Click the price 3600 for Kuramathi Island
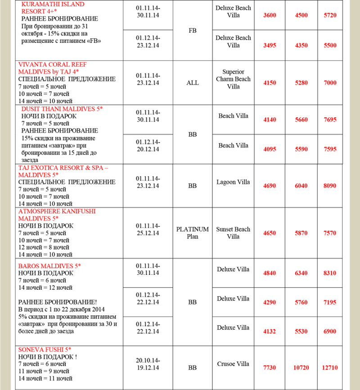point(270,15)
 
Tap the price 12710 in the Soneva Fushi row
point(333,368)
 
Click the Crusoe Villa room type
point(233,364)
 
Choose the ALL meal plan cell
point(193,83)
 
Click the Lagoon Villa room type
point(233,182)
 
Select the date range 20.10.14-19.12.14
point(147,364)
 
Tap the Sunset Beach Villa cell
point(233,233)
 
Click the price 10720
point(301,368)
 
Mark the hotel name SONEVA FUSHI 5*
point(45,350)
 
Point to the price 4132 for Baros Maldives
point(270,331)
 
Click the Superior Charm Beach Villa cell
point(233,79)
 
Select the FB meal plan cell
point(193,31)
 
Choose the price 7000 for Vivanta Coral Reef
point(330,83)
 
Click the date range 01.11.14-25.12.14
point(147,229)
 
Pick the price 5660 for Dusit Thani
point(301,120)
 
